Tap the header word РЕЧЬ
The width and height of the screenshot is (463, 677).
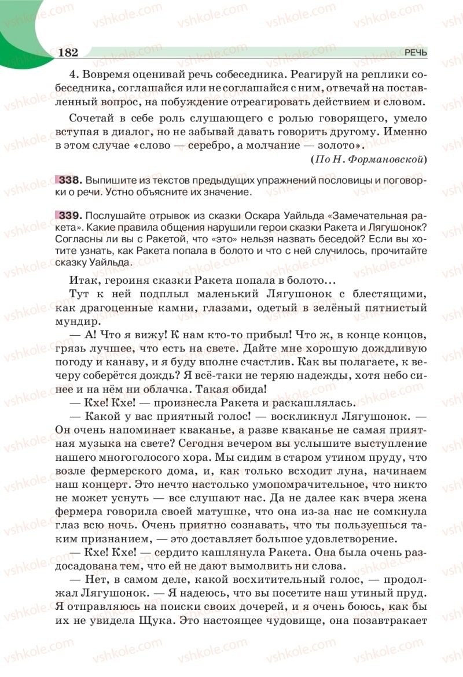click(x=416, y=53)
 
